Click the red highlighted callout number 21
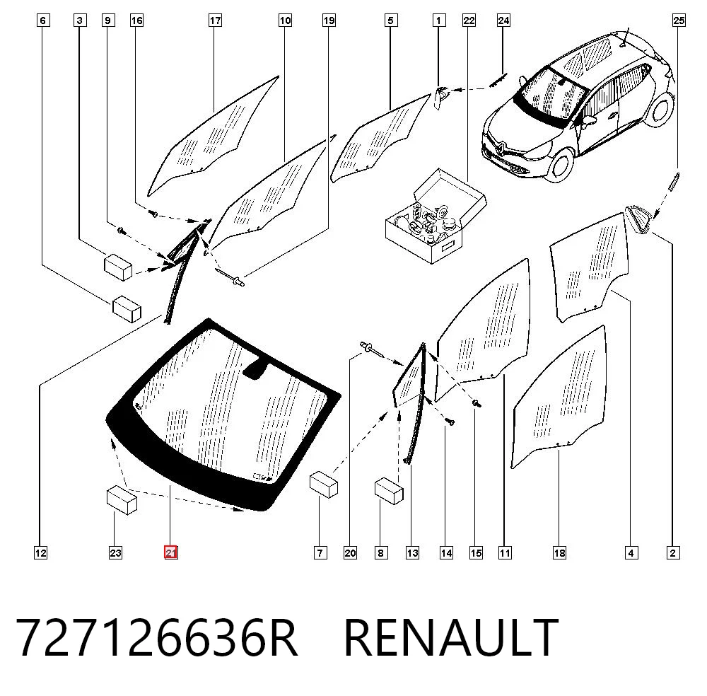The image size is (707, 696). click(x=171, y=552)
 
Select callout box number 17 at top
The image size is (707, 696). click(x=215, y=21)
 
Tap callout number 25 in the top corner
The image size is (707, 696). click(x=679, y=21)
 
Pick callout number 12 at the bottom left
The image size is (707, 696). click(x=40, y=552)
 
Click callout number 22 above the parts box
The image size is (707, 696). click(x=469, y=21)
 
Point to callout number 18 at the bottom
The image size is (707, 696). click(x=559, y=552)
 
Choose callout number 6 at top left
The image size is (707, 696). click(x=43, y=21)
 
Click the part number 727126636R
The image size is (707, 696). click(x=156, y=638)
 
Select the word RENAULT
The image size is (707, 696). click(x=451, y=638)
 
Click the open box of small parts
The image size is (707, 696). click(x=436, y=216)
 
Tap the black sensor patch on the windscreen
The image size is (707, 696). click(x=256, y=367)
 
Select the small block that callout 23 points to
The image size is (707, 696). click(x=122, y=500)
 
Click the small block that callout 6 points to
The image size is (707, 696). click(x=127, y=308)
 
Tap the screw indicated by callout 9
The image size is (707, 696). click(x=122, y=231)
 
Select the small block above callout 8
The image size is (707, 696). click(x=389, y=491)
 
